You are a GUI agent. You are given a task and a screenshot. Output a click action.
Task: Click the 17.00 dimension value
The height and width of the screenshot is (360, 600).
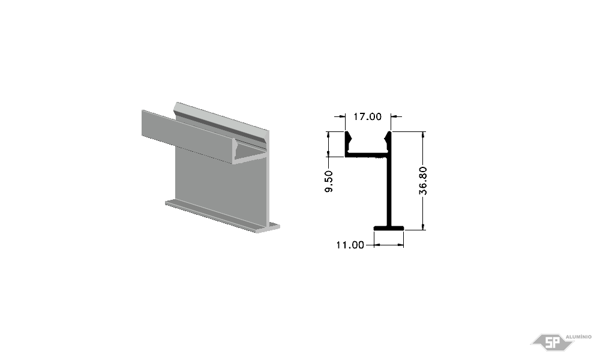[x=367, y=116]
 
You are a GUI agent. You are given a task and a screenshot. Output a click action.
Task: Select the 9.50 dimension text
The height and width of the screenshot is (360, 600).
[x=329, y=181]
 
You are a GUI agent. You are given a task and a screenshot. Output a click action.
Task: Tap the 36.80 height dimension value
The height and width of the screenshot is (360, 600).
[x=423, y=181]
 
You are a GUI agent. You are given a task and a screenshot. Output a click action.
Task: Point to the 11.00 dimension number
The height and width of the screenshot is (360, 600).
[x=350, y=245]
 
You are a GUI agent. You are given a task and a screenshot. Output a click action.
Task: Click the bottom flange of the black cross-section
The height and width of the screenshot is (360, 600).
[x=389, y=229]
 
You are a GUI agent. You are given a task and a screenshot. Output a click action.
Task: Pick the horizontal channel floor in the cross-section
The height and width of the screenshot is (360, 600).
[x=367, y=155]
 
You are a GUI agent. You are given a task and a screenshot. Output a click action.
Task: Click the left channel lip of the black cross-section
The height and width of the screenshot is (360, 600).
[x=348, y=142]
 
